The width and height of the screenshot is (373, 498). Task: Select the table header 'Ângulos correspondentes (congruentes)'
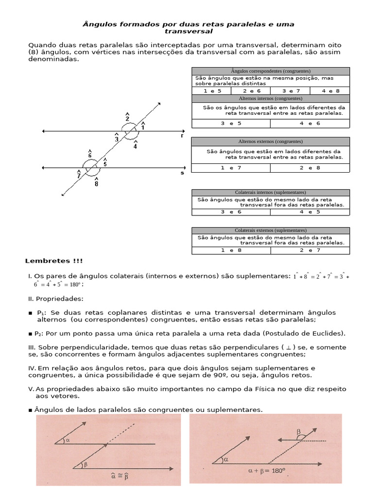[x=271, y=71]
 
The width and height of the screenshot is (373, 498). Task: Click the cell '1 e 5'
[x=212, y=90]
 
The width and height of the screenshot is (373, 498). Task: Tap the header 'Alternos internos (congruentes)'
[x=271, y=98]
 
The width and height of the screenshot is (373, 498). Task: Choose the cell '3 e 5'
[x=231, y=123]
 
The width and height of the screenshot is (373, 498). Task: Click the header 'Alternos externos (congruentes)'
[x=271, y=141]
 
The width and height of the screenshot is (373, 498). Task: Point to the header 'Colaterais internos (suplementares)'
[x=271, y=192]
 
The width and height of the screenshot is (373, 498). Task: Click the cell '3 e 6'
[x=231, y=212]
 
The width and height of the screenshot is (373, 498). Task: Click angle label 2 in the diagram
[x=127, y=118]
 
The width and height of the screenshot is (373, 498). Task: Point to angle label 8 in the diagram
[x=96, y=183]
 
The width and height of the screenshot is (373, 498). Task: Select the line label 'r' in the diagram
[x=182, y=136]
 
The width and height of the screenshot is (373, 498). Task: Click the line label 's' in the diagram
[x=182, y=173]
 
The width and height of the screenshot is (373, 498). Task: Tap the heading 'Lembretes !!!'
[x=51, y=261]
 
